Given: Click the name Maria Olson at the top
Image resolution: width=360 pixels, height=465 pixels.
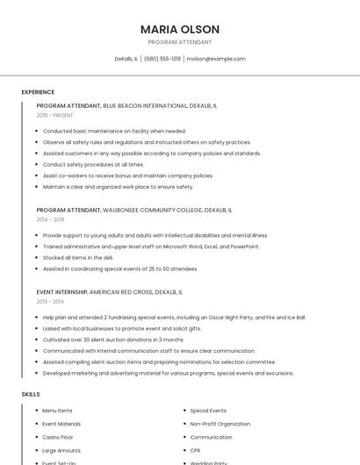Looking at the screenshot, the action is click(x=180, y=29).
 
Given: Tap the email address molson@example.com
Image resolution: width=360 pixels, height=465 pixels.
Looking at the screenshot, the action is click(x=216, y=59).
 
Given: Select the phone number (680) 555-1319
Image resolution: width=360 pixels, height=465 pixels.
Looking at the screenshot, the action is click(x=162, y=59).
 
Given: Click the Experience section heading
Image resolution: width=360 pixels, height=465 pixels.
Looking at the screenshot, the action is click(x=38, y=92).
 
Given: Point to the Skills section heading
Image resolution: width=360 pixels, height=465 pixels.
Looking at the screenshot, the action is click(x=31, y=394).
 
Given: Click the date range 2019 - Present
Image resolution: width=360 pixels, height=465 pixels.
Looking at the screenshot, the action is click(x=54, y=115).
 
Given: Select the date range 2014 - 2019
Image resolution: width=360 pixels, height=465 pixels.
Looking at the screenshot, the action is click(x=50, y=220).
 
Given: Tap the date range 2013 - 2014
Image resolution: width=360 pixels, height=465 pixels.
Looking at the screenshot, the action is click(x=50, y=301).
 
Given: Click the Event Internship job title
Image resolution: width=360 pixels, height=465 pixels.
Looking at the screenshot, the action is click(x=61, y=291).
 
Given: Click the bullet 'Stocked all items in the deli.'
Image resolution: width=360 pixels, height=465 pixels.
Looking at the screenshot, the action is click(x=78, y=258).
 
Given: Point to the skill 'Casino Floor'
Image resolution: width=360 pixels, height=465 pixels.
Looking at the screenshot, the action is click(x=58, y=437).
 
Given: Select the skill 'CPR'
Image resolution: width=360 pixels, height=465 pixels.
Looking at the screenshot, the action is click(x=197, y=450).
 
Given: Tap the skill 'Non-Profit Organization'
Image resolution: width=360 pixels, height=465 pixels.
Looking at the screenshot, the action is click(x=220, y=424).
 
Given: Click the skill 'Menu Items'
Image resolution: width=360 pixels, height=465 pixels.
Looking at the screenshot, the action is click(x=57, y=411).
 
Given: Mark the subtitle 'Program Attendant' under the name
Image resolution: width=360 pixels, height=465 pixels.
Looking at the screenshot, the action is click(x=180, y=42).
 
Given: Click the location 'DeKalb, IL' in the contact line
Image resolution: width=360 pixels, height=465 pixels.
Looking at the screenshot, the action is click(x=126, y=59).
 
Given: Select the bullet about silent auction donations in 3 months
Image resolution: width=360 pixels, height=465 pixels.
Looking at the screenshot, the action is click(x=113, y=340).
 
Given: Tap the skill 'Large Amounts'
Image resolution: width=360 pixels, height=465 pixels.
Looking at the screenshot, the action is click(x=61, y=450).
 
